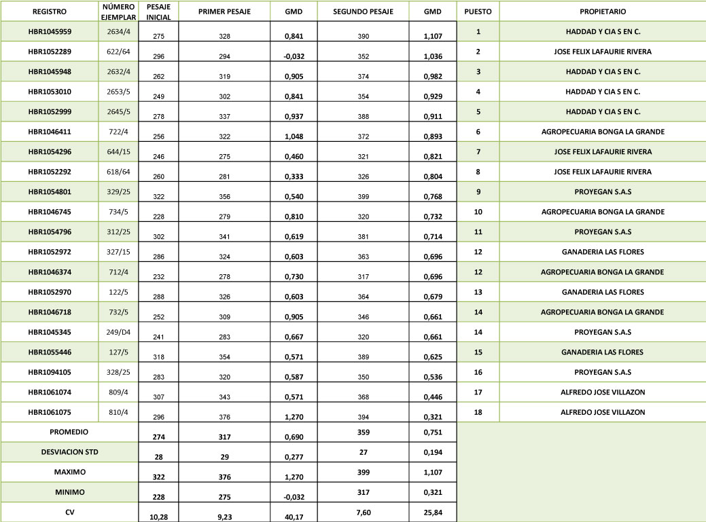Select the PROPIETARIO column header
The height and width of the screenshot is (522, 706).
603,12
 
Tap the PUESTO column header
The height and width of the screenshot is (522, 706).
478,12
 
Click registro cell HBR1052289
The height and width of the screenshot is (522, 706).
50,52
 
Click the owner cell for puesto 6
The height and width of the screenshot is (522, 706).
603,132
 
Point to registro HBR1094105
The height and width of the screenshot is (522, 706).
50,372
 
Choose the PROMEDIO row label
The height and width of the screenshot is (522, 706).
69,431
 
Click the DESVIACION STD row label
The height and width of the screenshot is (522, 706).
69,451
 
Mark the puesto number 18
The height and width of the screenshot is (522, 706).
478,412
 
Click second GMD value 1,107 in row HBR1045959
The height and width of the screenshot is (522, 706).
433,33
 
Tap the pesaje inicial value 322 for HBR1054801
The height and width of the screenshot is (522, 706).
159,192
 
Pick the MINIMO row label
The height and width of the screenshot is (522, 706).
69,491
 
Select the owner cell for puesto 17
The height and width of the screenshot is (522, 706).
603,392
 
